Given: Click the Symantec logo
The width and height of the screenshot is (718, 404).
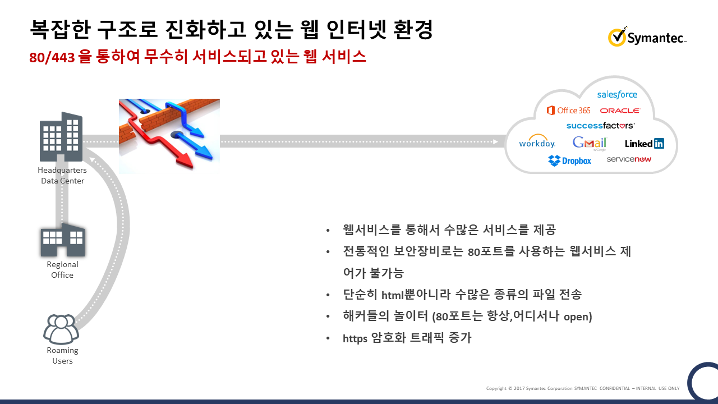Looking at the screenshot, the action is point(647,37).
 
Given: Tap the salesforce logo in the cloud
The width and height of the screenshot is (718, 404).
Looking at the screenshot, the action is point(617,95).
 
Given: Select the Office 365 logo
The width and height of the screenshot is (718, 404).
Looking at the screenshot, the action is point(568,111).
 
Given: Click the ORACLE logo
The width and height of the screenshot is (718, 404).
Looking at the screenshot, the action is point(620,111).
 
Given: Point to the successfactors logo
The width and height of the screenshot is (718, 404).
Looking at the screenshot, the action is point(600,125).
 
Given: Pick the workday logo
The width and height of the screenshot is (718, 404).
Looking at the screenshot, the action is point(537,141).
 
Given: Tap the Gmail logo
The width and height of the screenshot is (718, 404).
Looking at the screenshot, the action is point(590,143).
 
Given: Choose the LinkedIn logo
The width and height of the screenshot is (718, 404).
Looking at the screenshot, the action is point(645,143).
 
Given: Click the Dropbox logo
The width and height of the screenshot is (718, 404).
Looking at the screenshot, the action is point(569,160).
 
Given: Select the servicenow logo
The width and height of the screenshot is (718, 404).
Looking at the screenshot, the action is point(629,159).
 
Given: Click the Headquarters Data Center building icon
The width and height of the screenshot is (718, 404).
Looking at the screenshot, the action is point(61,136).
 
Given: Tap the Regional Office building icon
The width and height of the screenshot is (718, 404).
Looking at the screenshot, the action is point(63,240).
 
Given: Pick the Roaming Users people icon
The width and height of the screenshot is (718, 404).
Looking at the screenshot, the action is point(61,329).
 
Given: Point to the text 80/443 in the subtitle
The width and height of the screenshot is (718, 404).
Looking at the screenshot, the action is point(52,58).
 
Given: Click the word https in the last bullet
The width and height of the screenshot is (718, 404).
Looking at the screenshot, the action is point(355,338).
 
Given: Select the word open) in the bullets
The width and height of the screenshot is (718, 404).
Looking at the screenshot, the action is point(578,317).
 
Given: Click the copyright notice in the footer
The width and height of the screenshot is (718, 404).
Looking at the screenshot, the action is point(583,388).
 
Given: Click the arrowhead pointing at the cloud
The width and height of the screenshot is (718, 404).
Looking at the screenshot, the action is point(495,142).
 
